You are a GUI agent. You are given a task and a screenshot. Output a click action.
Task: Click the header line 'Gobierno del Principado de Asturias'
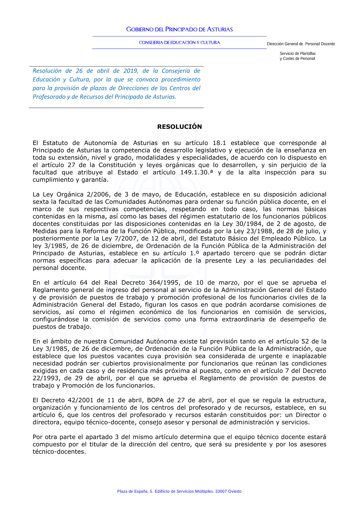tap(179, 30)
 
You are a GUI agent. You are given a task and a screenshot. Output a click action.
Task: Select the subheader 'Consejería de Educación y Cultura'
tap(179, 42)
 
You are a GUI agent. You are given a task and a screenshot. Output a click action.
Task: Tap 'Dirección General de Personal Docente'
tap(301, 44)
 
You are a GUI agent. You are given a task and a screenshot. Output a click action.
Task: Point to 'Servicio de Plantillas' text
tap(297, 54)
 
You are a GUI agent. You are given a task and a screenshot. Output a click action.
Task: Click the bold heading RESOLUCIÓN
tap(179, 127)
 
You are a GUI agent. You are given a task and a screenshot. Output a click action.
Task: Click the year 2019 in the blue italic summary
tap(131, 71)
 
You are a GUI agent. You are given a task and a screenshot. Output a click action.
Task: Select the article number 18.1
tap(219, 143)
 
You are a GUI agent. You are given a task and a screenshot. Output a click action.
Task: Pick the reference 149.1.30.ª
tap(196, 172)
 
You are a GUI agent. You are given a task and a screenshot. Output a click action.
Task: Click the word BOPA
tap(155, 400)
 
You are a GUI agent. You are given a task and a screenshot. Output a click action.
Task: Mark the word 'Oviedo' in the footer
tap(235, 491)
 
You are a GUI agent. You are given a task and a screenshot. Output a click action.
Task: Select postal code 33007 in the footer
tap(221, 491)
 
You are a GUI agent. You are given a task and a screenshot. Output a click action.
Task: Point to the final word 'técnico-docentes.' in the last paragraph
tap(59, 452)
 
